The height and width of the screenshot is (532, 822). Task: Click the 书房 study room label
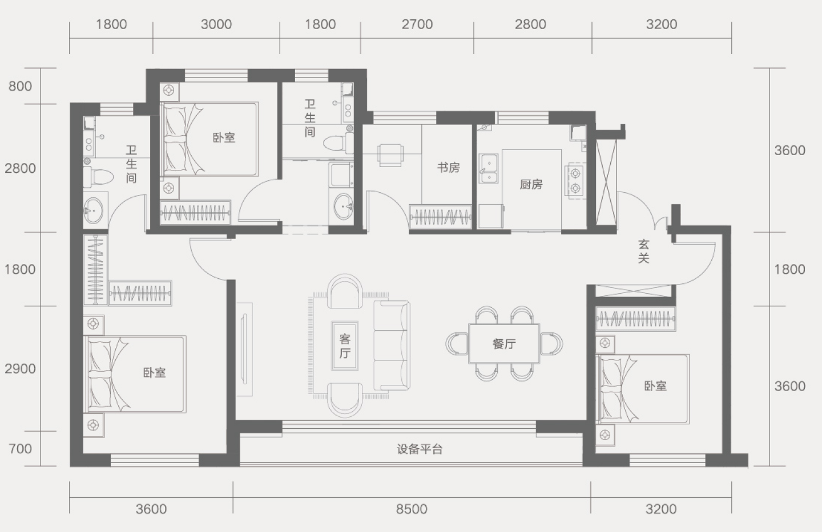449,168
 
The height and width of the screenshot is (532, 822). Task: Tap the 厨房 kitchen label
531,184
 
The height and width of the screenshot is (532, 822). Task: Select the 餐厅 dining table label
504,343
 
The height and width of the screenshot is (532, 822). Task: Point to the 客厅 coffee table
345,346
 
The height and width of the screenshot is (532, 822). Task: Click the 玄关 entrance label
644,251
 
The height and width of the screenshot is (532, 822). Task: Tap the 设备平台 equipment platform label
420,449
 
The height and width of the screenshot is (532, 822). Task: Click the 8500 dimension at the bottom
412,509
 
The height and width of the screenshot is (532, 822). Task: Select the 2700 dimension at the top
417,24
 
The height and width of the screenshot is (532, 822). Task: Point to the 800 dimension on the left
20,86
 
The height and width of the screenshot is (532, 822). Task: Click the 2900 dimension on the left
20,368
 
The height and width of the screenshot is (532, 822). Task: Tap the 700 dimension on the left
20,448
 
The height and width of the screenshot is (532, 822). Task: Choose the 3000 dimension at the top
216,24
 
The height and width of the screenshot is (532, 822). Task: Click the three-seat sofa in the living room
392,346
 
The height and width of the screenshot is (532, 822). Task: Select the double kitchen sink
489,169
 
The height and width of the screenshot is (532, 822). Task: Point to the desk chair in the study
390,155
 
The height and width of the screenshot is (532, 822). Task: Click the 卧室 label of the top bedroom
224,137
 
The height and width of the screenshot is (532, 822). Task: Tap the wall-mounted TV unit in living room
244,350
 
